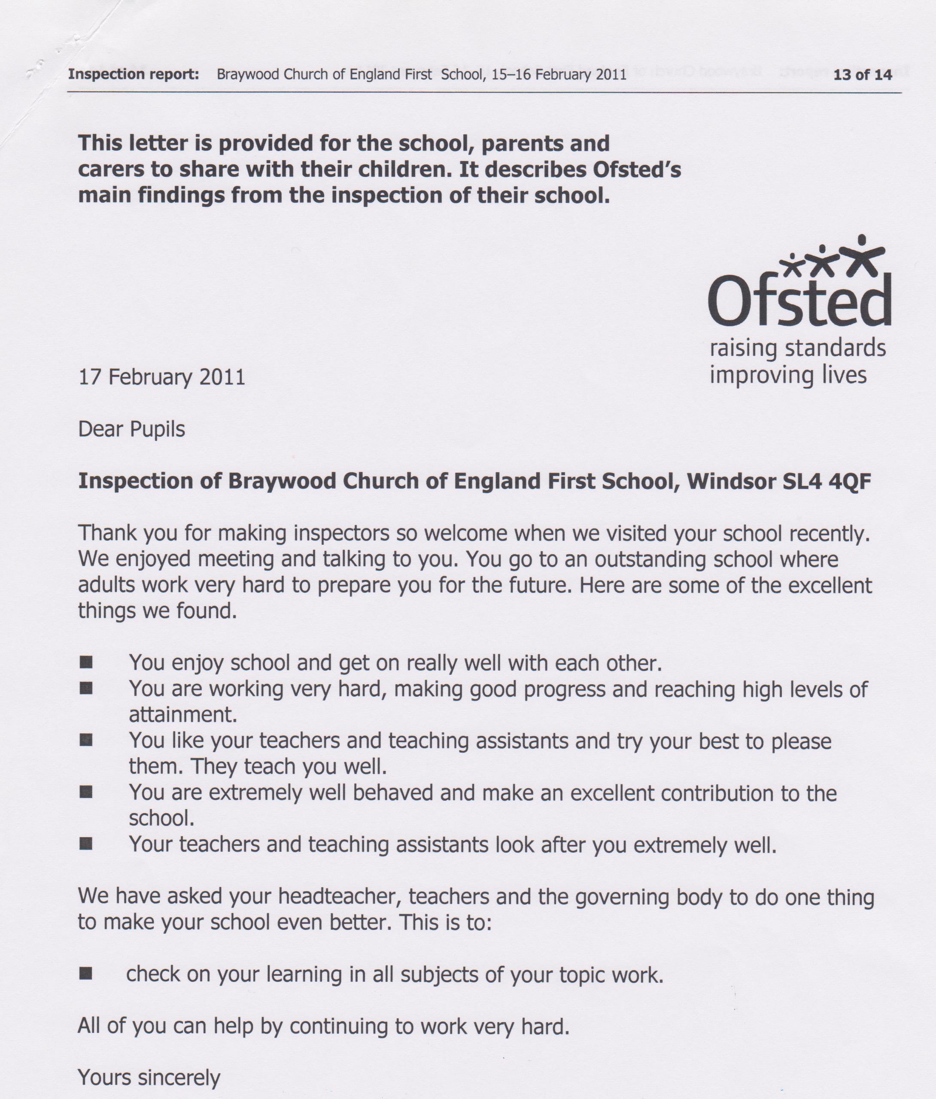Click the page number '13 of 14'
click(x=862, y=75)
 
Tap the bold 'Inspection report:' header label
click(x=133, y=74)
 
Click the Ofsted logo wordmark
click(x=799, y=300)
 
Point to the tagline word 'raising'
click(x=743, y=349)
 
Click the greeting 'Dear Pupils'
click(x=131, y=429)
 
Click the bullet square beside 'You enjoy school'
click(x=86, y=662)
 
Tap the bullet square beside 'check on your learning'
click(x=86, y=974)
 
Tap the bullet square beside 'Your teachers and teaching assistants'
click(x=86, y=844)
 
